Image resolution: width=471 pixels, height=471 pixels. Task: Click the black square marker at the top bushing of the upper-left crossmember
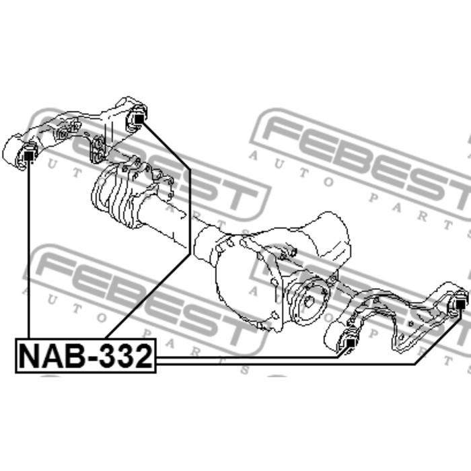(139, 119)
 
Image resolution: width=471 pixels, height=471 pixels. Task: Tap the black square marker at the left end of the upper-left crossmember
(29, 156)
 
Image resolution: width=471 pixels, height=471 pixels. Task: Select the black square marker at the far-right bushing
(460, 304)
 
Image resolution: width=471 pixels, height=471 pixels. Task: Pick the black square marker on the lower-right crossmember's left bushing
(351, 342)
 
